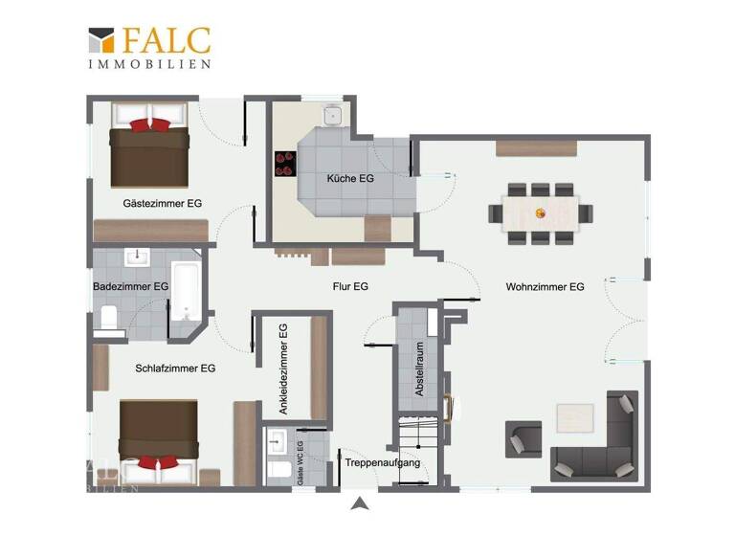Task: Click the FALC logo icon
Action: pyautogui.click(x=100, y=40)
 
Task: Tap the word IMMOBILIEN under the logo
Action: pyautogui.click(x=149, y=63)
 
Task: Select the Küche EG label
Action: pyautogui.click(x=349, y=179)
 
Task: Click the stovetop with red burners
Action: pyautogui.click(x=285, y=165)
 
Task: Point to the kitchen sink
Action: pyautogui.click(x=332, y=116)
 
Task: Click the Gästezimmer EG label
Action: pyautogui.click(x=162, y=204)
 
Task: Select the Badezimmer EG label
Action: pyautogui.click(x=131, y=286)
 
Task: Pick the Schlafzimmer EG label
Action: pyautogui.click(x=175, y=368)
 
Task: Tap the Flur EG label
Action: pyautogui.click(x=349, y=286)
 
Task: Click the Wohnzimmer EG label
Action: pyautogui.click(x=545, y=286)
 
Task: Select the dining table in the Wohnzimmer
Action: pyautogui.click(x=540, y=212)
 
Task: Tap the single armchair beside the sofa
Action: pyautogui.click(x=523, y=439)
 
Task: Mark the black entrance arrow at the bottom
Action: pyautogui.click(x=359, y=504)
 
